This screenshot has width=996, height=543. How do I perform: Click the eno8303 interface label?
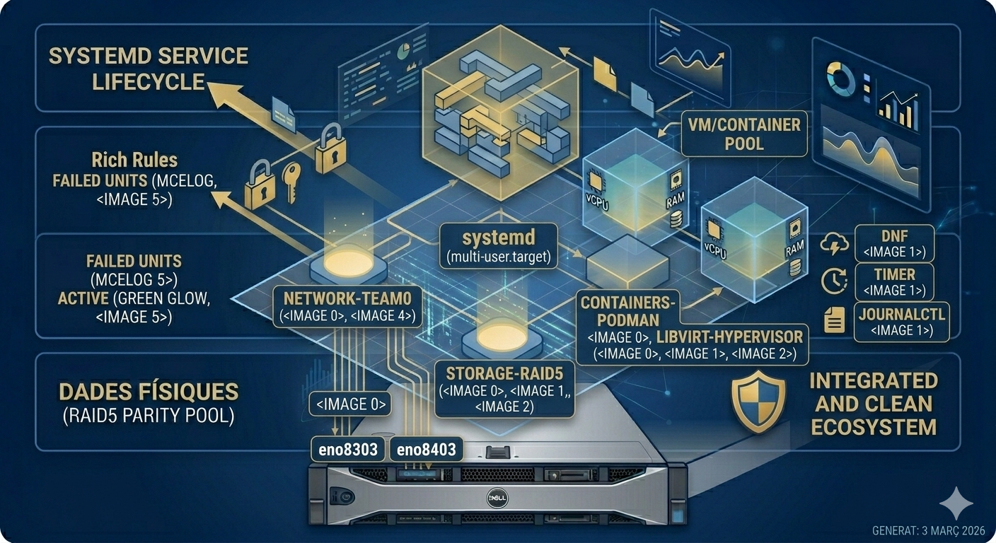348,449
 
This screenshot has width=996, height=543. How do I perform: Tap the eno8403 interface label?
426,449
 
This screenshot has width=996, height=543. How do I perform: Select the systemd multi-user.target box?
499,246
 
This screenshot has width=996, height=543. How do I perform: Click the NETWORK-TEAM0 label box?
347,307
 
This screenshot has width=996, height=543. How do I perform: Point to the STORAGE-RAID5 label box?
504,390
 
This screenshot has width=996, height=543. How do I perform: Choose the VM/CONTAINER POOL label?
744,134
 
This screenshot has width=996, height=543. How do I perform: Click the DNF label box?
894,243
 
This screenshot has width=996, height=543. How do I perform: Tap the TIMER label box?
894,282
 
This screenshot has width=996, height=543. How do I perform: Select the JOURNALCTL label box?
901,322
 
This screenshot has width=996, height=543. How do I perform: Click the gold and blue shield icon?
758,402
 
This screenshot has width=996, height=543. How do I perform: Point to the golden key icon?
291,182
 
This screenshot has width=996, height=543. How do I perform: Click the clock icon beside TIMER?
834,281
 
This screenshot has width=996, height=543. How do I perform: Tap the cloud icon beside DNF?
834,243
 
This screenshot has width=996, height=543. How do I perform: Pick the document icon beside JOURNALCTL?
834,320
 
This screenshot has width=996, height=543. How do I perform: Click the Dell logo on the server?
497,498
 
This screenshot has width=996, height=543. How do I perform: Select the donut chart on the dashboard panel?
840,79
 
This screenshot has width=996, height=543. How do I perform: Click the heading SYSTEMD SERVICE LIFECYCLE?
148,69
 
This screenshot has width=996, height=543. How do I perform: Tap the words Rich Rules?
134,160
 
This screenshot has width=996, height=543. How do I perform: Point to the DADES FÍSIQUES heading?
149,392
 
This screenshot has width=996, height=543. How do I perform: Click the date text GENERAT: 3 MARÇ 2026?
928,530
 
